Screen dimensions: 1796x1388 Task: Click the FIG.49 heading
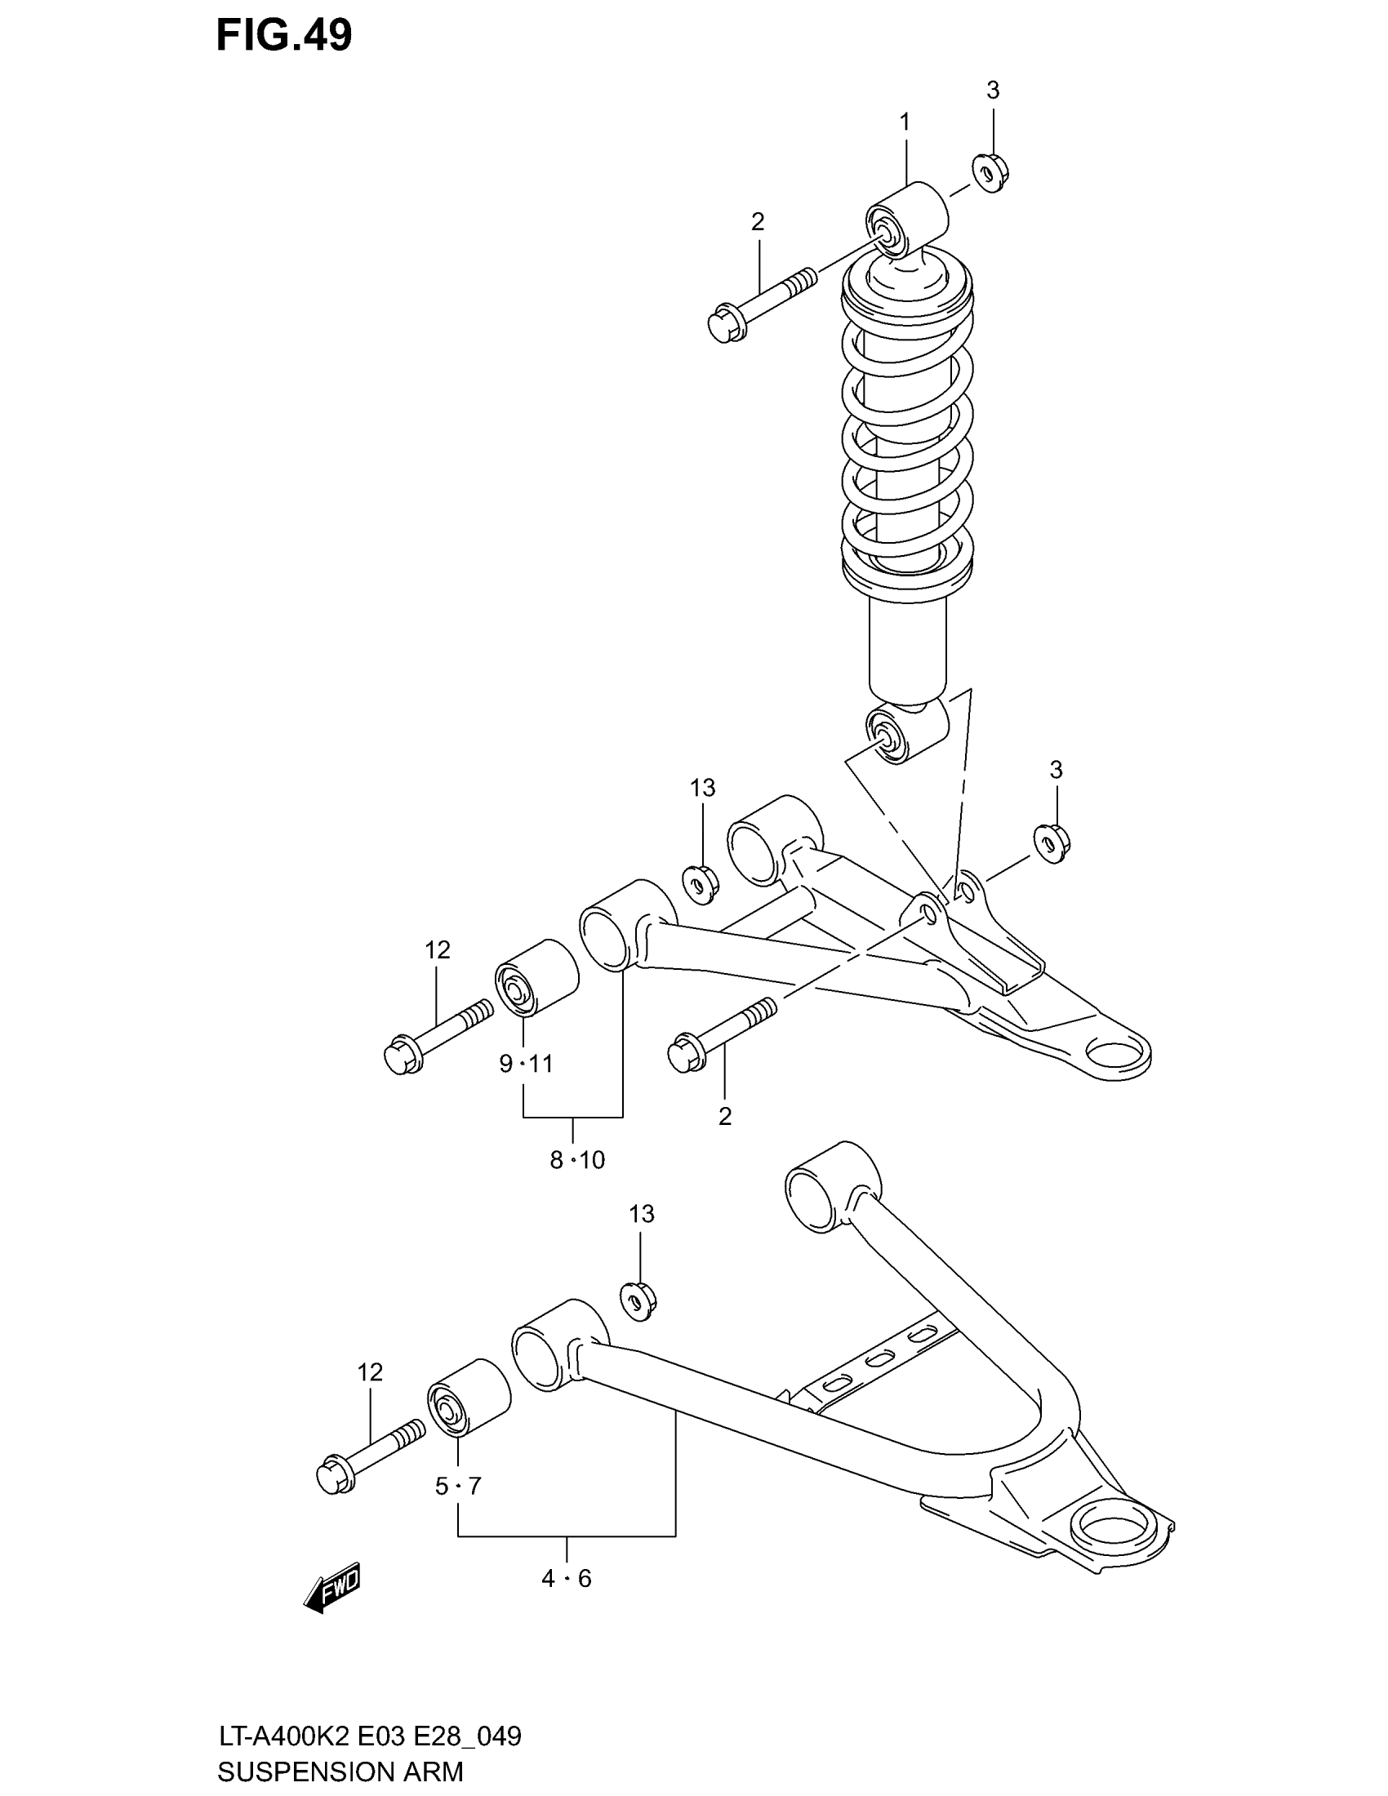[x=283, y=35]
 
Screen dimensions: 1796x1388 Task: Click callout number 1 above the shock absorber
[x=905, y=122]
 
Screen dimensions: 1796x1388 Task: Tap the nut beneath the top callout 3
[x=991, y=173]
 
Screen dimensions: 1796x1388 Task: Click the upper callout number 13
[x=702, y=788]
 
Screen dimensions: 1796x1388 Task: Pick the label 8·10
[x=577, y=1160]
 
